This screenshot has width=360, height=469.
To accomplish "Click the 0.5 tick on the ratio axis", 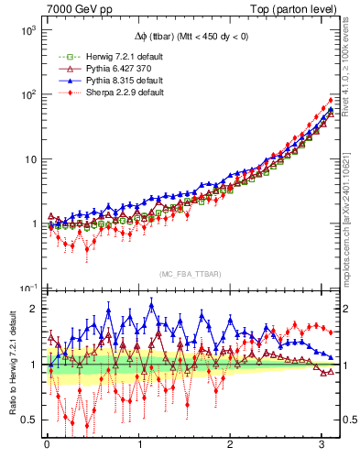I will coord(27,420).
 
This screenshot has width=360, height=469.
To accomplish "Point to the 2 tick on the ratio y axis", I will coord(31,309).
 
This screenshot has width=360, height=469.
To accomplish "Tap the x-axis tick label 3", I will coord(322,451).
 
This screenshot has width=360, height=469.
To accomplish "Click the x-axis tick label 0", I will coord(47,451).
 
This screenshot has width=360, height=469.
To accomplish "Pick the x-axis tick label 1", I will coord(138,451).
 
